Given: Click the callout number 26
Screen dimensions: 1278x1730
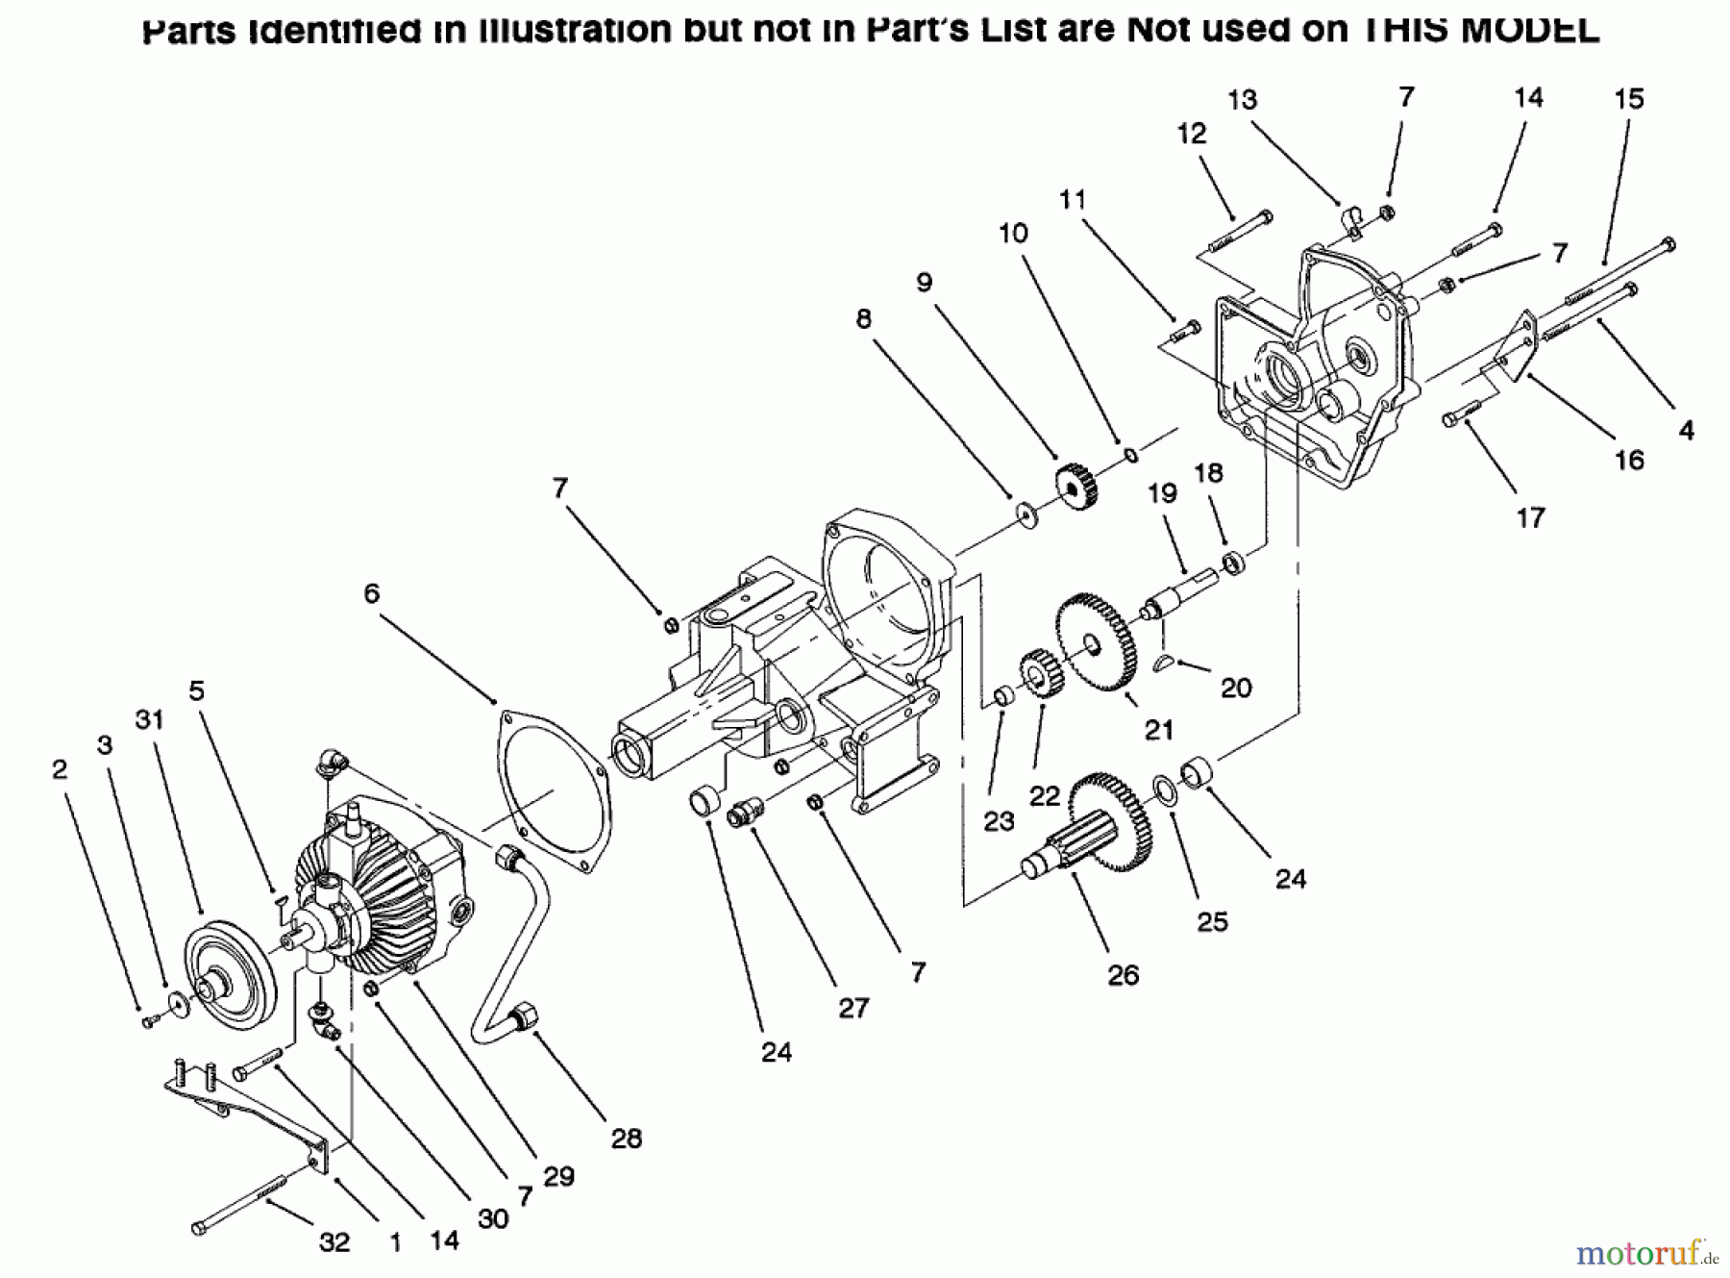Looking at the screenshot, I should click(x=1123, y=975).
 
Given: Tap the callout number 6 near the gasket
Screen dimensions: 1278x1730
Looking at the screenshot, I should click(x=371, y=594).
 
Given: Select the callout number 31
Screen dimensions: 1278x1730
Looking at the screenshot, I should click(x=150, y=719).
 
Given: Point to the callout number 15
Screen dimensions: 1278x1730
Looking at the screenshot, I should click(x=1629, y=99).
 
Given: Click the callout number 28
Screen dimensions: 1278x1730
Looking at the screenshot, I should click(x=626, y=1139).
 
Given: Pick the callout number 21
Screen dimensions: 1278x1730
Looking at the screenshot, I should click(x=1159, y=730).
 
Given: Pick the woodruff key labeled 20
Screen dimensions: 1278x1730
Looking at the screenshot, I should click(x=1164, y=662).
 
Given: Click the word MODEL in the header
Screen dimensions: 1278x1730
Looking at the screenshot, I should click(x=1529, y=29).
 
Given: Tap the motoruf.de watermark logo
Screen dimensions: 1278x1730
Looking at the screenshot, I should click(x=1645, y=1253).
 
